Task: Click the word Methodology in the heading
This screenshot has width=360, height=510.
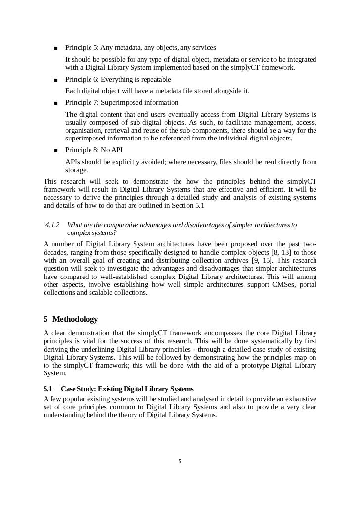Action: click(x=75, y=319)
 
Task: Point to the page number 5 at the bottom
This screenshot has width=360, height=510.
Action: click(x=180, y=461)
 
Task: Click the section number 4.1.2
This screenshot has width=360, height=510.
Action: click(x=52, y=225)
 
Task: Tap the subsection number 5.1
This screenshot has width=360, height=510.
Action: click(x=48, y=389)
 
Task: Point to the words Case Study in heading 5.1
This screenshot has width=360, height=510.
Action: click(x=78, y=389)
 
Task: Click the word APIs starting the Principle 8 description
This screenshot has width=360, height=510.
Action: click(x=74, y=162)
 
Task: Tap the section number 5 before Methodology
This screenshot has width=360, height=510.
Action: click(x=45, y=319)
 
